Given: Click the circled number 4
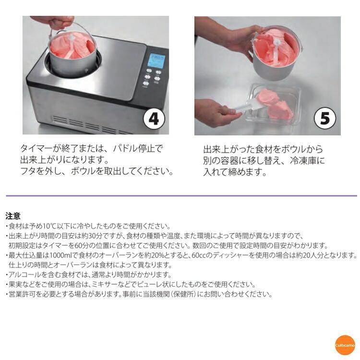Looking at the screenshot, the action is click(x=154, y=119).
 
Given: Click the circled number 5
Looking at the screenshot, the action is click(x=325, y=119).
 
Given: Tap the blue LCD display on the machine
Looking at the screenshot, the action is click(x=157, y=61).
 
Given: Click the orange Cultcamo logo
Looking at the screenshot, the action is click(x=345, y=345).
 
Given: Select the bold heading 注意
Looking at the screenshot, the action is click(x=13, y=216).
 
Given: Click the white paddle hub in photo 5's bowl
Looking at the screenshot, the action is click(x=276, y=42).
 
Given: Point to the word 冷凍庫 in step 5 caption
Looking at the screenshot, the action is click(x=303, y=160).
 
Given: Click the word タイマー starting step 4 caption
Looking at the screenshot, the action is click(x=36, y=148).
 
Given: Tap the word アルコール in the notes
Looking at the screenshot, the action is click(x=22, y=275).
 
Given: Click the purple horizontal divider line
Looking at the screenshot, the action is click(x=181, y=196).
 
